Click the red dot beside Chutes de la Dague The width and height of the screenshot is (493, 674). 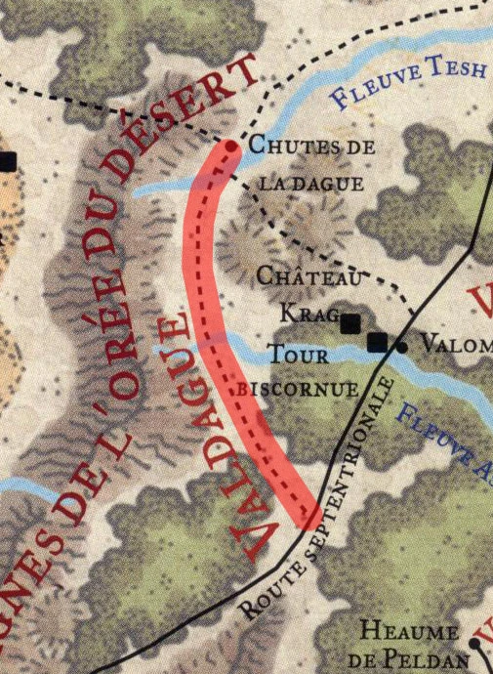click(x=231, y=147)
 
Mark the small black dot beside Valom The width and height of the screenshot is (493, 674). click(x=402, y=346)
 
